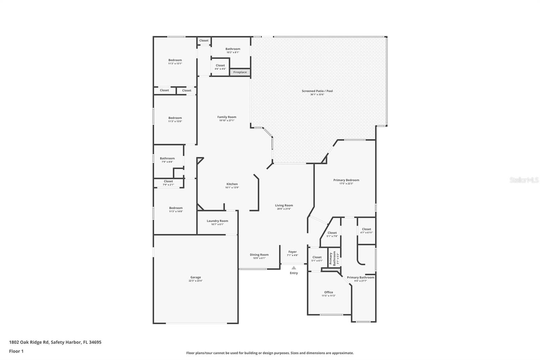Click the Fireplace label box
[x=240, y=72]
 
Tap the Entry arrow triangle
[x=294, y=268]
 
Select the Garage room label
[x=195, y=277]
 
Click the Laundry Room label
[x=217, y=221]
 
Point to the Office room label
[x=328, y=292]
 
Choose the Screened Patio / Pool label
[x=317, y=91]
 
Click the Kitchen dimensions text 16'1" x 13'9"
[x=232, y=188]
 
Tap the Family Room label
[x=227, y=117]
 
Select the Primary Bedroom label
[x=346, y=180]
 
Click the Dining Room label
[x=259, y=255]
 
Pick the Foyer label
[x=293, y=252]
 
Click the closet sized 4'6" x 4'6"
[x=220, y=67]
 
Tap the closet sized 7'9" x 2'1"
[x=168, y=183]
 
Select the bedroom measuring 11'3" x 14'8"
[x=176, y=209]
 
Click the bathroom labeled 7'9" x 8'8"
[x=167, y=160]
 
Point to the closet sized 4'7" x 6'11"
[x=367, y=231]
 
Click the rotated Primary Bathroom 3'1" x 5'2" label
[x=333, y=258]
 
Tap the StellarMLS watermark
[x=524, y=180]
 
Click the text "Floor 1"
[x=16, y=351]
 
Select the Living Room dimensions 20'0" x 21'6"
[x=284, y=209]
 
